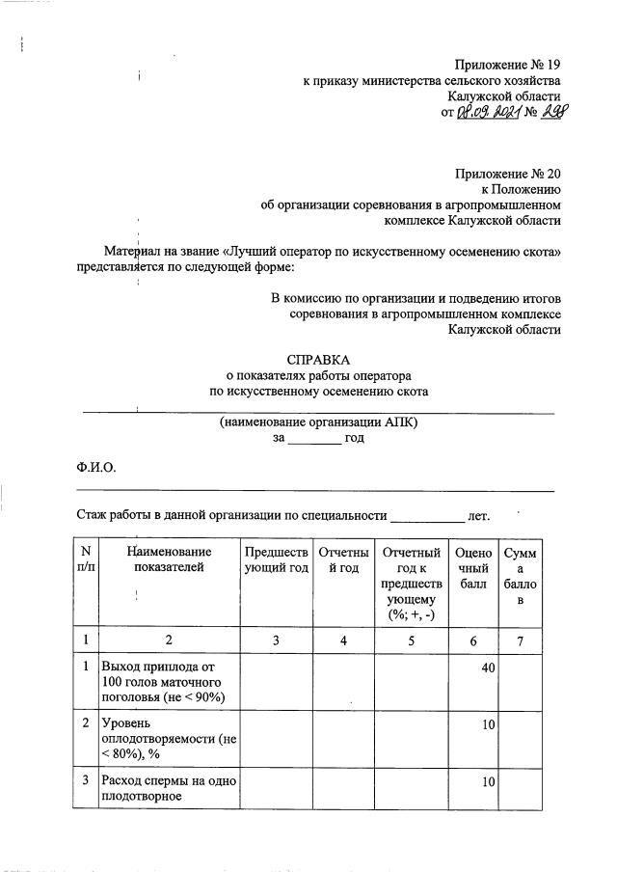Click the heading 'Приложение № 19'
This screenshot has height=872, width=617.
[508, 65]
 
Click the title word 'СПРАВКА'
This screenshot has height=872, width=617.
[318, 358]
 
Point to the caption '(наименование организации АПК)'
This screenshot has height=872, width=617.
[318, 422]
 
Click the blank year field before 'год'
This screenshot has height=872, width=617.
[314, 438]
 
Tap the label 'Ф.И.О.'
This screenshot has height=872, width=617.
[96, 467]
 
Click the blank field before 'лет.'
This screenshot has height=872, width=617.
[427, 516]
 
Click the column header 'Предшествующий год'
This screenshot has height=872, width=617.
[277, 559]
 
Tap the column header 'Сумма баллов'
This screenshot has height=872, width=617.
[526, 576]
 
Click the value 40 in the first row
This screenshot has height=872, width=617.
[487, 667]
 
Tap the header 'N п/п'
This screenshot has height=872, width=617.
[86, 559]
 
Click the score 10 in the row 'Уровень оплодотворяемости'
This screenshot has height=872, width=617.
[487, 722]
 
